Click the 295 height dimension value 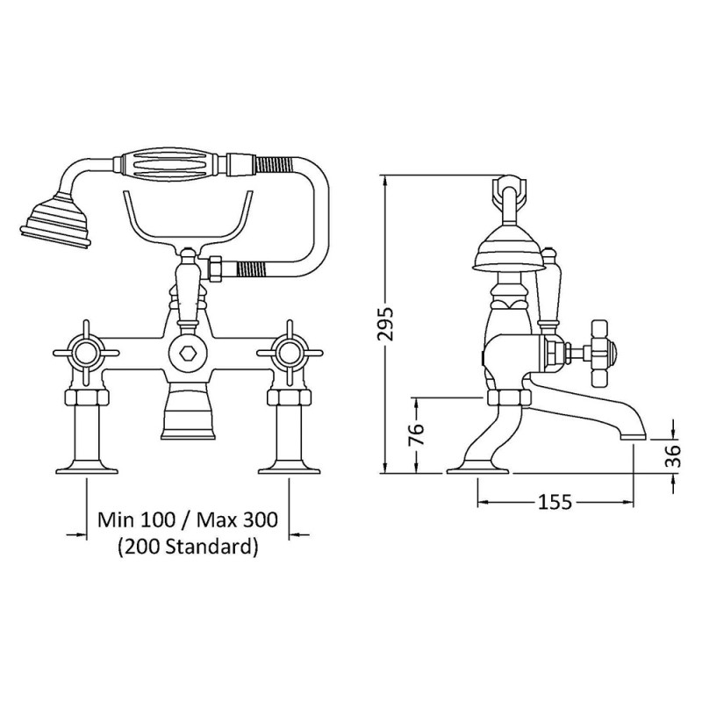coord(385,323)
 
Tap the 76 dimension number coord(416,433)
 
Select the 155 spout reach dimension coord(555,502)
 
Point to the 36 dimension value coord(672,455)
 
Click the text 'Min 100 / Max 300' coord(188,520)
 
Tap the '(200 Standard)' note coord(188,547)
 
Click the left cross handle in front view coord(86,353)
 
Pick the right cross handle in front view coord(290,353)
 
